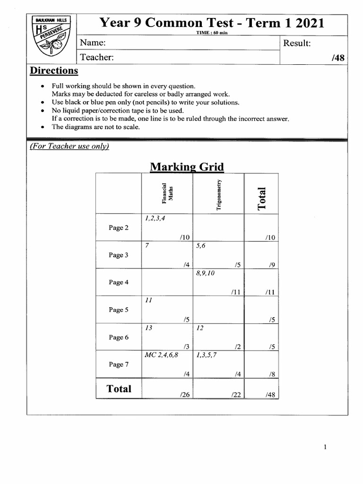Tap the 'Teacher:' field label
click(96, 57)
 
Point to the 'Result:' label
click(296, 43)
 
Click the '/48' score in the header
click(338, 58)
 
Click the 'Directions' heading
click(54, 71)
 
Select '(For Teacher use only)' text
click(69, 146)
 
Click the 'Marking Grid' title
click(187, 167)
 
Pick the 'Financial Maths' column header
click(167, 193)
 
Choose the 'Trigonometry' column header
click(218, 194)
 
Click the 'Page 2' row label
click(119, 228)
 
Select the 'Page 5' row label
click(119, 310)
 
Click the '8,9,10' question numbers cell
click(205, 273)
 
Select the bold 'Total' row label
click(119, 389)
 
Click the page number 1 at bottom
click(325, 448)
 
